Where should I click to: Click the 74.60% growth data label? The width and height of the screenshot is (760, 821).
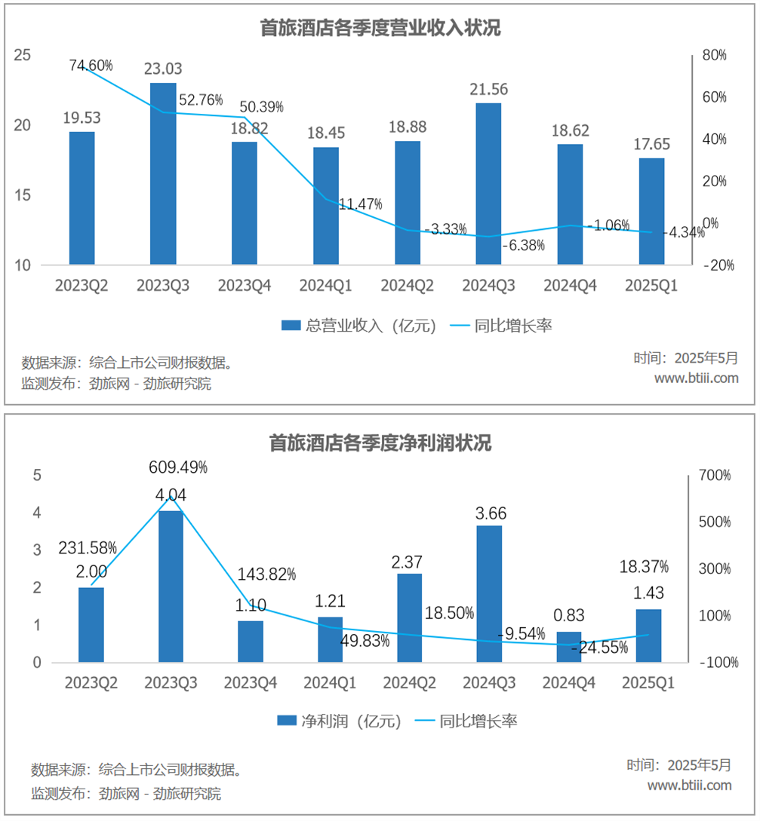(x=91, y=66)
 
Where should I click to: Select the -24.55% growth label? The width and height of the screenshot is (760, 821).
(x=600, y=647)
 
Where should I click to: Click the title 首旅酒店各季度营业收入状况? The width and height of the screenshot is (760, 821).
(x=380, y=29)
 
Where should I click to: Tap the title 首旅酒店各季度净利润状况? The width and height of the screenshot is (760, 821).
(x=380, y=443)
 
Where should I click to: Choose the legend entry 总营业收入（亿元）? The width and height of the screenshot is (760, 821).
(x=361, y=326)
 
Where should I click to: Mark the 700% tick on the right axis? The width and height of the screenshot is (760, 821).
(x=714, y=475)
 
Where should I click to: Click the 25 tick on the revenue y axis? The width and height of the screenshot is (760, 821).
(x=23, y=55)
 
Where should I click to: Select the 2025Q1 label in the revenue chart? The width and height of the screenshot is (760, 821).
(x=651, y=286)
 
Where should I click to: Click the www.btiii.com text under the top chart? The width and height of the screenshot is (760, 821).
(x=696, y=378)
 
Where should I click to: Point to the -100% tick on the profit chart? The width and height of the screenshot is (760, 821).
(x=713, y=663)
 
